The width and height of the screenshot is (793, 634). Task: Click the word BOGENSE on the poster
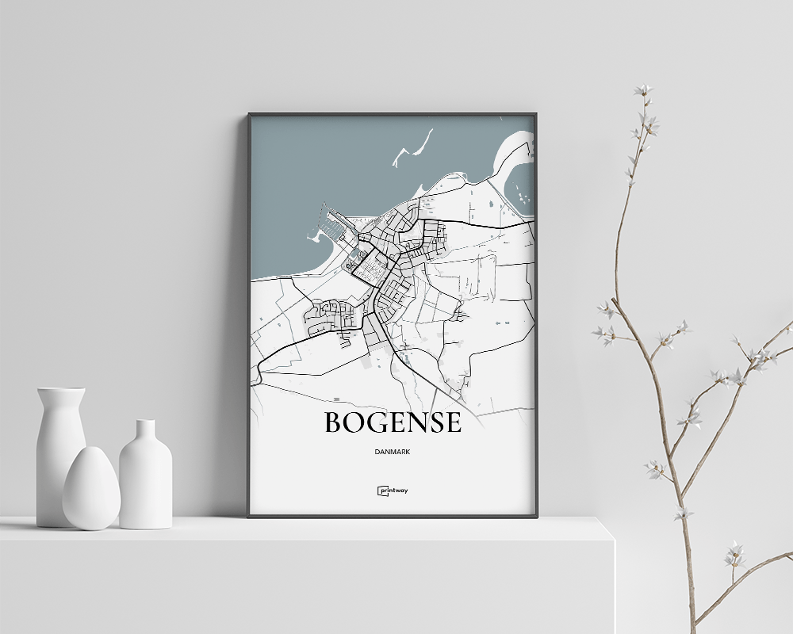coord(393,422)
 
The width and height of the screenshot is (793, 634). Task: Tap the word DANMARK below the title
coord(393,452)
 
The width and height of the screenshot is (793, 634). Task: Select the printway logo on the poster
coord(393,491)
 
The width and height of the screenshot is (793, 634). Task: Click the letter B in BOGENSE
coord(334,422)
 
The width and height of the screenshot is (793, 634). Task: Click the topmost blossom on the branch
coord(642,90)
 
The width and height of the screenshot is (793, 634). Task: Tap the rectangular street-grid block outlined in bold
coord(370,268)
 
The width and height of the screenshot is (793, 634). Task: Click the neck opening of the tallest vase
coord(61,390)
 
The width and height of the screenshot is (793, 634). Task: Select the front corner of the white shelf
coord(613,543)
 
